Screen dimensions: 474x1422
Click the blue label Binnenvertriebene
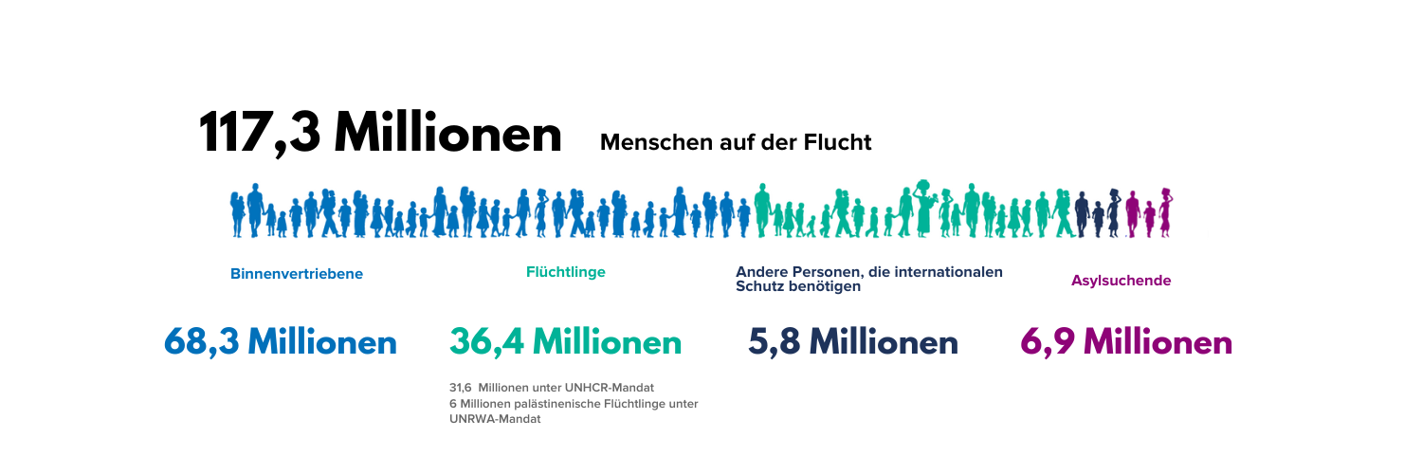click(x=297, y=274)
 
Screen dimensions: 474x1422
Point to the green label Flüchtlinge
click(x=565, y=272)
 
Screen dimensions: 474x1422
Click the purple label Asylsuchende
click(x=1121, y=281)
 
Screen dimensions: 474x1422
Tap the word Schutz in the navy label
click(x=760, y=286)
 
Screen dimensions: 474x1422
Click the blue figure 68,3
click(x=201, y=342)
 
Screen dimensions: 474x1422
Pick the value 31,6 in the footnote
click(x=461, y=388)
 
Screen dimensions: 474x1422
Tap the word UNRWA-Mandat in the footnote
click(x=495, y=419)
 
